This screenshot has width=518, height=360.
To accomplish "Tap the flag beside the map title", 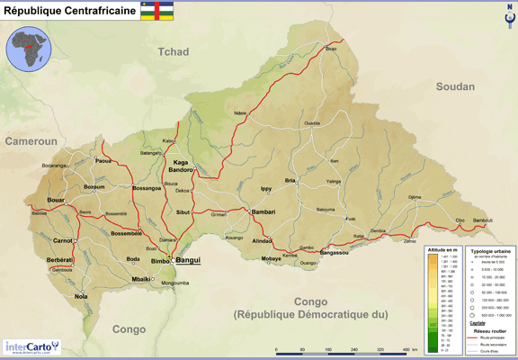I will tap(158, 11).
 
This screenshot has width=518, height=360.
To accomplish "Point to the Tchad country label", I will tap(174, 52).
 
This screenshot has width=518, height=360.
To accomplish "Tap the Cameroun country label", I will tap(31, 142).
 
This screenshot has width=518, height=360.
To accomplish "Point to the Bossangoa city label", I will tap(147, 188).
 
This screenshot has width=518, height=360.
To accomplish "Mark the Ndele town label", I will tap(240, 113).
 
